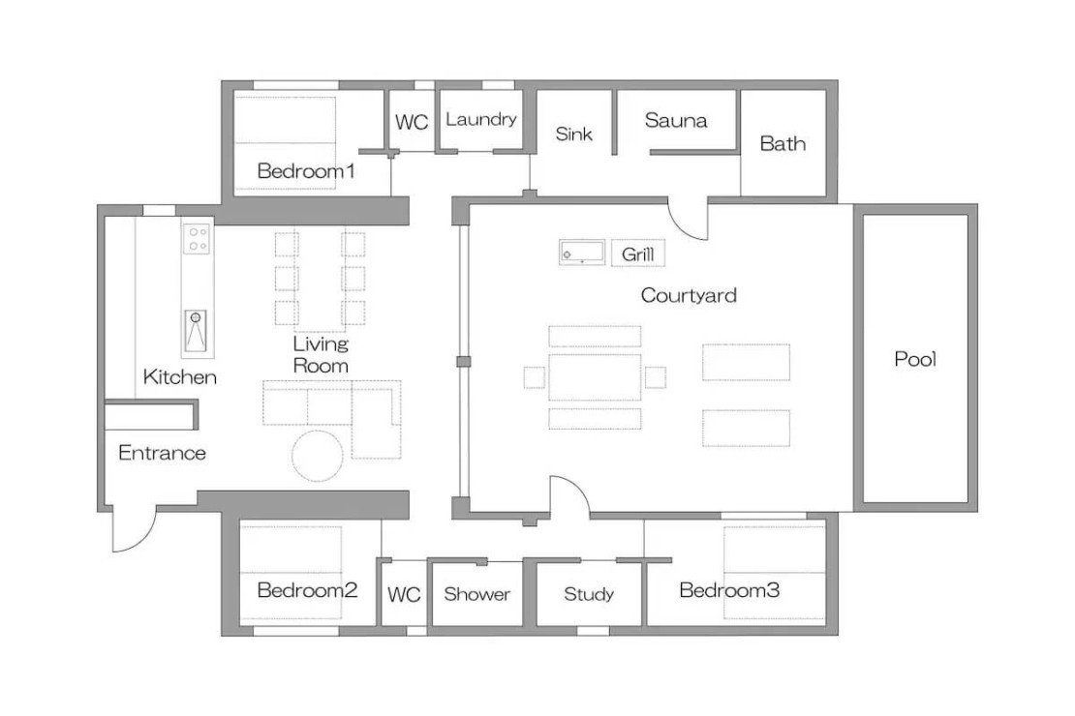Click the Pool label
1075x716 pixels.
pyautogui.click(x=914, y=359)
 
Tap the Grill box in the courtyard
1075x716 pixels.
pyautogui.click(x=637, y=254)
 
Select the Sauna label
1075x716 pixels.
pyautogui.click(x=675, y=121)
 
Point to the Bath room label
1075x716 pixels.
pyautogui.click(x=783, y=144)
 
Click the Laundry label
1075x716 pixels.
pyautogui.click(x=480, y=119)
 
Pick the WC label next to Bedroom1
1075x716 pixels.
pyautogui.click(x=412, y=122)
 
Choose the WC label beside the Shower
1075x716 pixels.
pyautogui.click(x=404, y=594)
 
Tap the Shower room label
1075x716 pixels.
pyautogui.click(x=476, y=594)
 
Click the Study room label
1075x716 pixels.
pyautogui.click(x=588, y=594)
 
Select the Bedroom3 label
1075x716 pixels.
pyautogui.click(x=729, y=590)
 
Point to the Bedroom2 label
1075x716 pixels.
pyautogui.click(x=307, y=590)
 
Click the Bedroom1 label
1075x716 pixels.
pyautogui.click(x=306, y=170)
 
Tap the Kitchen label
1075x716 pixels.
pyautogui.click(x=179, y=376)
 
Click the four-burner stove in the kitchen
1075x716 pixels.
pyautogui.click(x=197, y=239)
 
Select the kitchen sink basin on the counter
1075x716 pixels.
pyautogui.click(x=196, y=331)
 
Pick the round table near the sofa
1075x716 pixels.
pyautogui.click(x=318, y=456)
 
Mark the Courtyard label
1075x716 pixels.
pyautogui.click(x=689, y=295)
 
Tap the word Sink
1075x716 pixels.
pyautogui.click(x=573, y=134)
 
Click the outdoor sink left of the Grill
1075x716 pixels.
pyautogui.click(x=582, y=253)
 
